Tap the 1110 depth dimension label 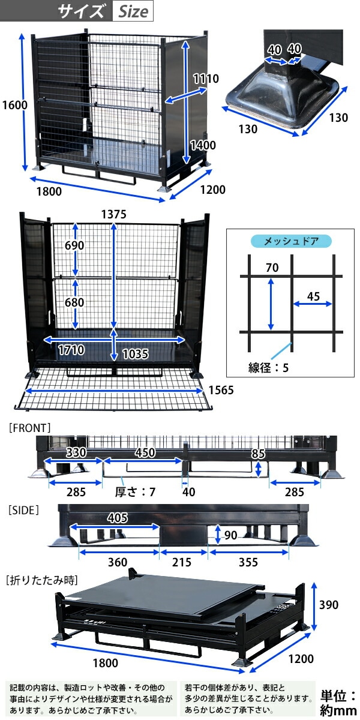coord(206,79)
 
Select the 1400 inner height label coord(203,145)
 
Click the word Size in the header coord(133,12)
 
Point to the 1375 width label coord(115,214)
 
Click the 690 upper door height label coord(74,245)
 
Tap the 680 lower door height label coord(74,302)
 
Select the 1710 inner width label coord(71,350)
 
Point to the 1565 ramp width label coord(221,390)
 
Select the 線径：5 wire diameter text coord(268,368)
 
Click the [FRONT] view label coord(30,428)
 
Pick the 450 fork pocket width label coord(144,452)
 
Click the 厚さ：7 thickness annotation coord(135,493)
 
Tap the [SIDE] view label coord(24,511)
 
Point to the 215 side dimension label coord(182,562)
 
